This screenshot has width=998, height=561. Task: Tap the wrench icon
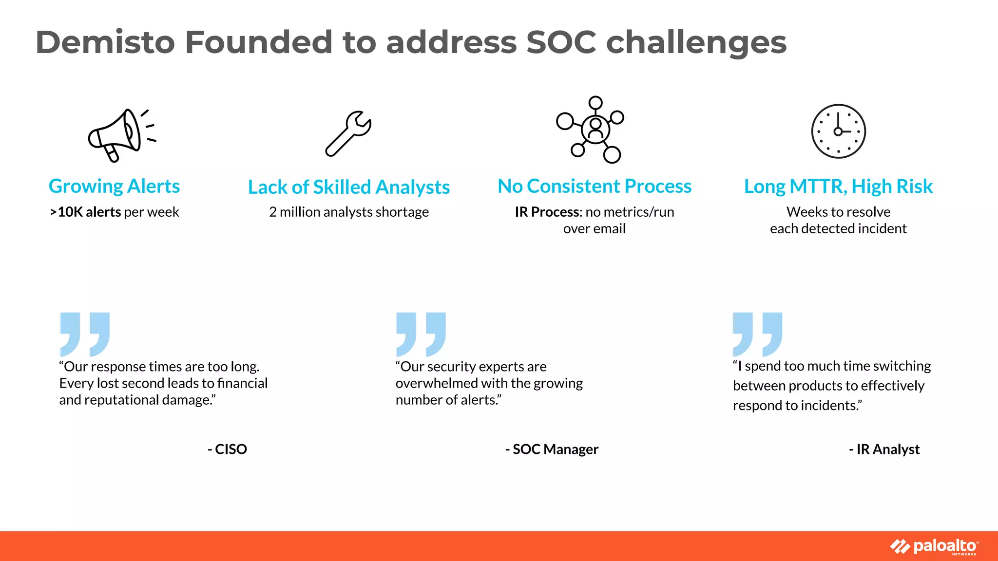point(348,133)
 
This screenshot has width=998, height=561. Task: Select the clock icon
point(838,131)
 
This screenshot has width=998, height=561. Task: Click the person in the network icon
point(595,129)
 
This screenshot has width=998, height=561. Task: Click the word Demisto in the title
point(105,42)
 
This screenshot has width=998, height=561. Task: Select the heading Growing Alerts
point(114,186)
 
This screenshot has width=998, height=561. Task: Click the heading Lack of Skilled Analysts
point(348,187)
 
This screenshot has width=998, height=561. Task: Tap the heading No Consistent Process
point(595,186)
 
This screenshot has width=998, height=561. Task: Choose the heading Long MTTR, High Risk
point(838,186)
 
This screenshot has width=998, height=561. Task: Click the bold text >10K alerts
point(85,212)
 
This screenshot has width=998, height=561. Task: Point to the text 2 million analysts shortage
point(348,212)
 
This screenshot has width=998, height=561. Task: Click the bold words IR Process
point(547,212)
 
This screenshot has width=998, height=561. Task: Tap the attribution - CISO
point(228,449)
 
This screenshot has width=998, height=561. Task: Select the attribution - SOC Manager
point(552,449)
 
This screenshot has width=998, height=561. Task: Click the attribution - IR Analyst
point(884,449)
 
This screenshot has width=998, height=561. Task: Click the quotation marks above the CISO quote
point(85,334)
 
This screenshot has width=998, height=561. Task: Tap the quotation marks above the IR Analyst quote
point(758,334)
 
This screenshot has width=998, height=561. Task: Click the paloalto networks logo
point(934,546)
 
